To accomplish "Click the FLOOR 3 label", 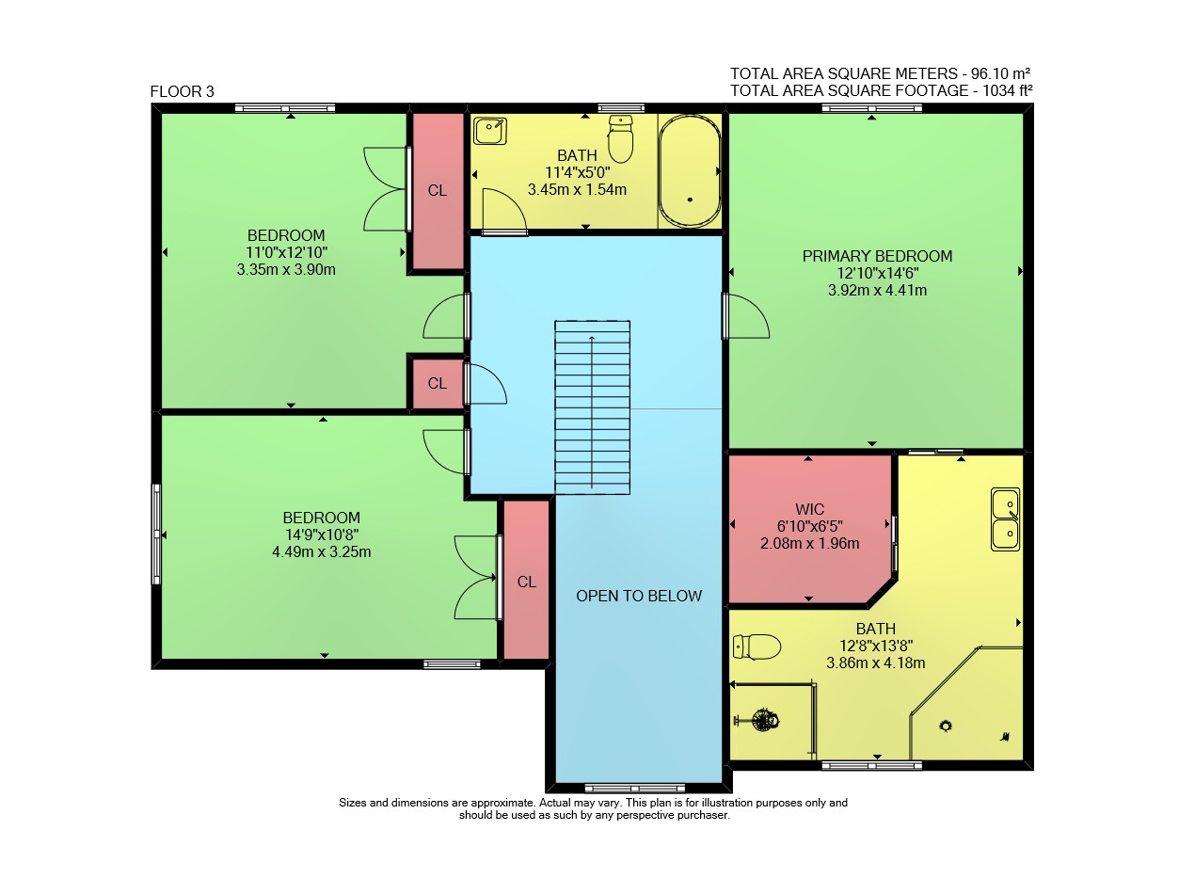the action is tap(182, 91).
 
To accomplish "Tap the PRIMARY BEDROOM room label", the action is tap(877, 256).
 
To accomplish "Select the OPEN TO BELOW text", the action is tap(639, 596).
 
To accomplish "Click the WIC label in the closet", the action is tap(809, 509).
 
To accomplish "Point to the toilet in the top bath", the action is tap(620, 138).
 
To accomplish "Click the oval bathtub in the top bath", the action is tap(690, 171).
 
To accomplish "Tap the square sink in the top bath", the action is tap(489, 131).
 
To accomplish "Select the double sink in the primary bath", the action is tap(1005, 519).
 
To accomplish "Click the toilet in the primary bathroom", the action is tap(757, 647).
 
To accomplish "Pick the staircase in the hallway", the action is tap(592, 407).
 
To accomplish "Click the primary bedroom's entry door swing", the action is tap(747, 316).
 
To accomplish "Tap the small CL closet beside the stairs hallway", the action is tap(437, 383).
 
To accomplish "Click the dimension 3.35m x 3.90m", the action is tap(286, 269).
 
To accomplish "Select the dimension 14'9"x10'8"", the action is tap(321, 535).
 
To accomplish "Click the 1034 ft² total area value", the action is tap(1007, 90).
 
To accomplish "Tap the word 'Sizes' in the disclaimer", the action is tap(353, 803).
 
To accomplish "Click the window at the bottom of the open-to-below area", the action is tap(635, 788).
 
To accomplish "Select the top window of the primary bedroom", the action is tap(871, 108).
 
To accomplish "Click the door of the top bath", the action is tap(504, 212).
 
